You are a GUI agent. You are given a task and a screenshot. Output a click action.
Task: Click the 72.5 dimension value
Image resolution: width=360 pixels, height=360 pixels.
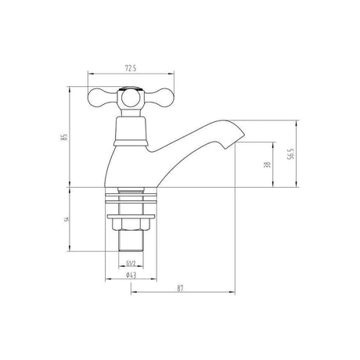tap(131, 68)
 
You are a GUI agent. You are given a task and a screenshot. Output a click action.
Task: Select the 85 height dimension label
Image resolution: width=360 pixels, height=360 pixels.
tap(64, 137)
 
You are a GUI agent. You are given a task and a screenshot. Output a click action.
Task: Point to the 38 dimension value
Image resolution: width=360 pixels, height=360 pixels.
tap(268, 164)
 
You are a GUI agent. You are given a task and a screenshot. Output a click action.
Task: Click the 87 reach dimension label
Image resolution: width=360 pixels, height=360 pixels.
tap(180, 288)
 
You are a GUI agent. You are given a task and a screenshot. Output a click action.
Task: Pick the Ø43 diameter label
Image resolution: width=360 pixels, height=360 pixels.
tap(131, 275)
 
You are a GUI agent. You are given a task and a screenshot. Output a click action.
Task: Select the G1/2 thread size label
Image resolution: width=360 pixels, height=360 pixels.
tap(131, 264)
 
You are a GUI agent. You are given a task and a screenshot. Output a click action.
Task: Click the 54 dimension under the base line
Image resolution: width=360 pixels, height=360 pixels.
tap(67, 219)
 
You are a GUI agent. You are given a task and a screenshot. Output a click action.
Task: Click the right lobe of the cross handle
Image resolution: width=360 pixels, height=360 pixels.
tap(159, 97)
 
